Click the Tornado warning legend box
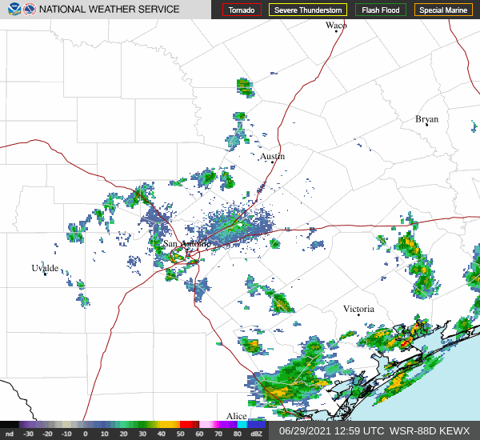click(242, 10)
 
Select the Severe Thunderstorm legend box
click(307, 10)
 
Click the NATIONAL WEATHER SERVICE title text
click(110, 10)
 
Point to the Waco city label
click(336, 26)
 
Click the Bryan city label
click(426, 119)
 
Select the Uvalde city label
click(45, 267)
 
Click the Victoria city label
click(358, 309)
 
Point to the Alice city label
click(236, 416)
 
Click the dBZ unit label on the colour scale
click(255, 434)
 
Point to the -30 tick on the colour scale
click(29, 434)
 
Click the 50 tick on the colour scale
click(183, 434)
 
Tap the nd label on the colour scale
click(9, 434)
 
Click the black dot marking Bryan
click(426, 124)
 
